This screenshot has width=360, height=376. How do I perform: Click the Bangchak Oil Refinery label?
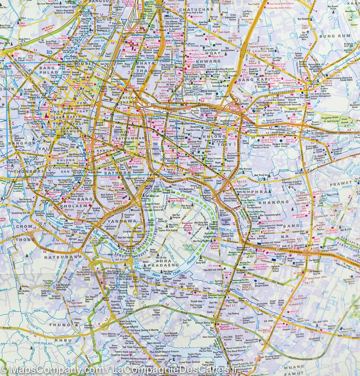point(226,222)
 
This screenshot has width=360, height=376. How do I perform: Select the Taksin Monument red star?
point(50,156)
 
